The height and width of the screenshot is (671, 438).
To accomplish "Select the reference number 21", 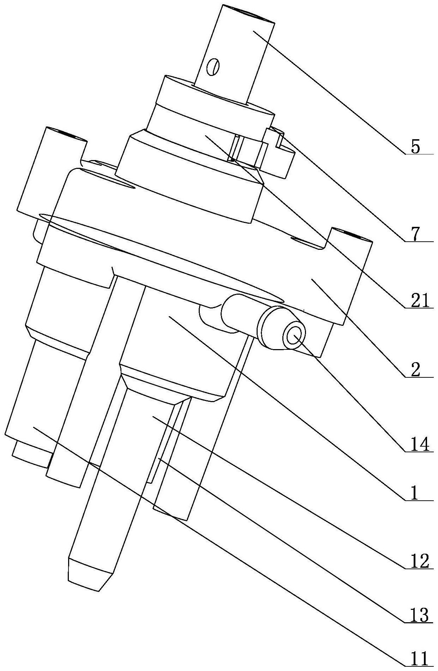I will [x=417, y=301].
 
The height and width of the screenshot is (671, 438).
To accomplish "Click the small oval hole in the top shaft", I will [x=214, y=66].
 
